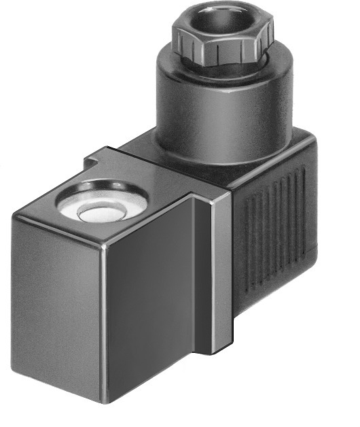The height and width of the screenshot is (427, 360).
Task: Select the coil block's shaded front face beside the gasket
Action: [156, 306]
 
